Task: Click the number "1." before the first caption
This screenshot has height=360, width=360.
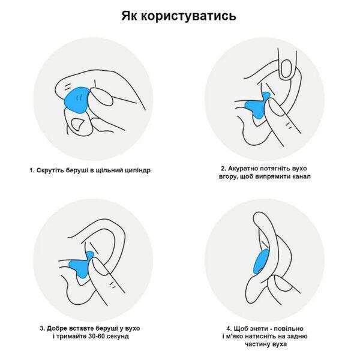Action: [x=32, y=170]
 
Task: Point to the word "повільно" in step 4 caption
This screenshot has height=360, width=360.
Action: [x=290, y=329]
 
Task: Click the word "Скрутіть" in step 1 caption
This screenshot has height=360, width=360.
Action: [x=50, y=170]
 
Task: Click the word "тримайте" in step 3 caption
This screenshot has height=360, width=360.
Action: [x=71, y=337]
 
